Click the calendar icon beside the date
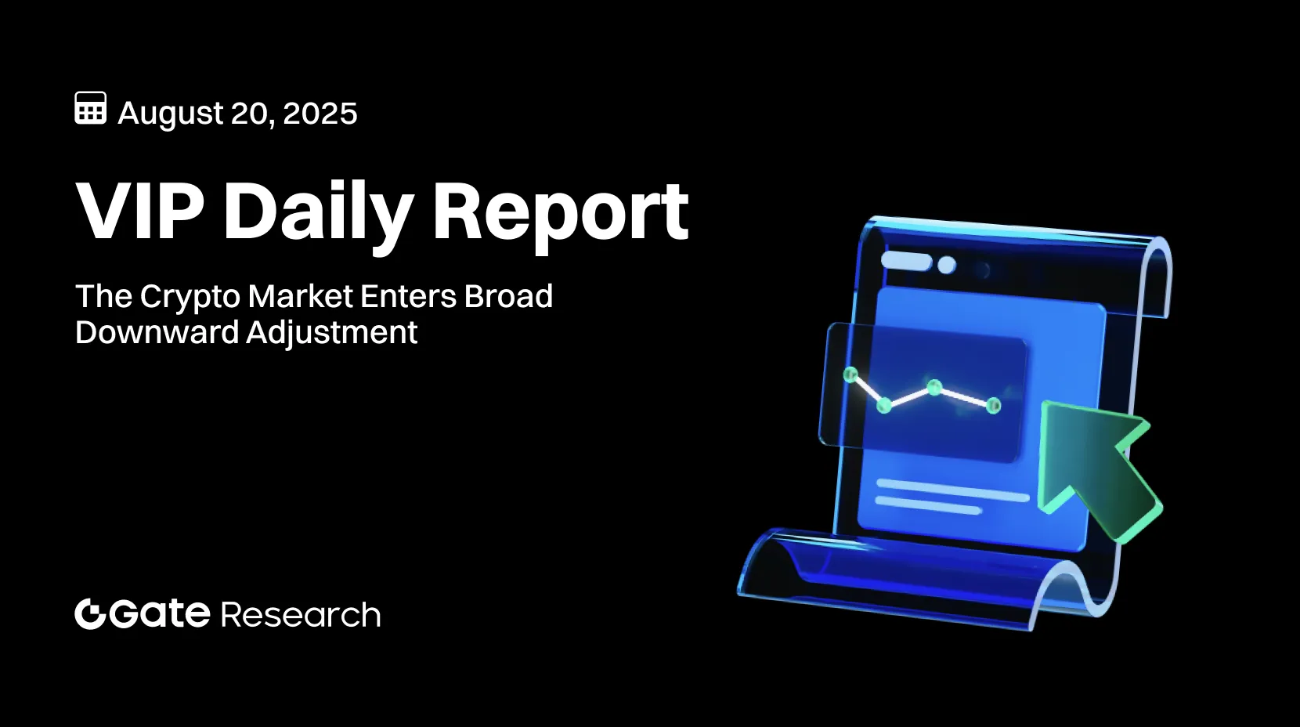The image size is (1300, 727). (90, 108)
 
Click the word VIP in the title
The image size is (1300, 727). (140, 212)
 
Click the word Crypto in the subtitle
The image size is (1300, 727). (190, 297)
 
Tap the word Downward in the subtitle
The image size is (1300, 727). (157, 333)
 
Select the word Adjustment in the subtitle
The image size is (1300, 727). (332, 333)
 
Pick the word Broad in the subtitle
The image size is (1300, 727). (508, 297)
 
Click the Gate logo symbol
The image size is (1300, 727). (90, 614)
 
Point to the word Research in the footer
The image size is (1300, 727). (301, 615)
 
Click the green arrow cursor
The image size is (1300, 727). (1096, 467)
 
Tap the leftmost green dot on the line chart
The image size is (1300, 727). (850, 374)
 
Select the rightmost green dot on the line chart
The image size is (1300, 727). (993, 405)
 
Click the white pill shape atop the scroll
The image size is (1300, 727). (906, 261)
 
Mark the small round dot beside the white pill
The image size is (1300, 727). (946, 265)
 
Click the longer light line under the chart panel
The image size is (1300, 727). (952, 490)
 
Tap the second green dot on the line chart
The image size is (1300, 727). (884, 404)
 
